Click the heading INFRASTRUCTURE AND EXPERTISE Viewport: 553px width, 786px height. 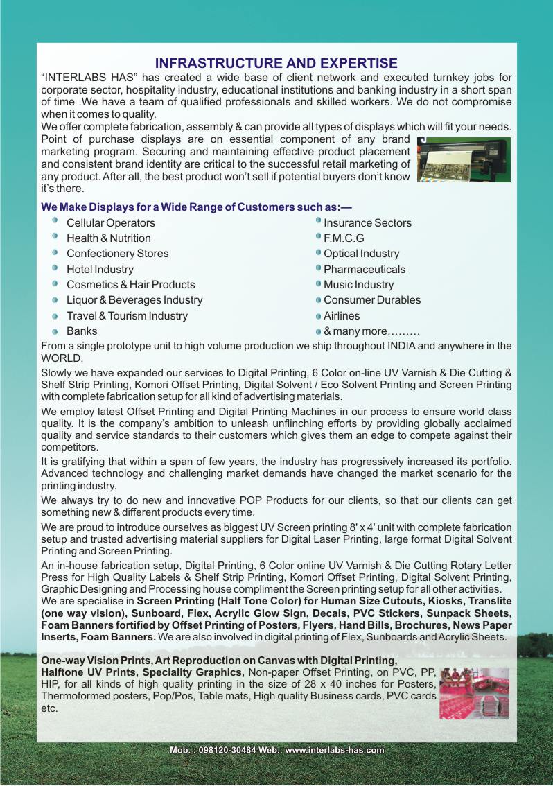(x=276, y=64)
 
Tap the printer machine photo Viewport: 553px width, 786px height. (x=464, y=159)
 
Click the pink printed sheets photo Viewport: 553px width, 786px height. (x=474, y=693)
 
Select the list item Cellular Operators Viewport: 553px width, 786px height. (x=110, y=223)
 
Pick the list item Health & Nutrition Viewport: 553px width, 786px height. (x=108, y=238)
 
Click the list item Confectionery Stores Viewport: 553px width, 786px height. (x=117, y=254)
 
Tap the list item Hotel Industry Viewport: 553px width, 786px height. (x=100, y=270)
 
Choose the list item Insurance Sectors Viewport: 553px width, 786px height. (x=367, y=223)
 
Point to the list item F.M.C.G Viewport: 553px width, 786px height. (x=344, y=238)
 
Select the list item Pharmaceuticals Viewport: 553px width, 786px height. (x=365, y=270)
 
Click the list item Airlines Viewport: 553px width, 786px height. (x=342, y=316)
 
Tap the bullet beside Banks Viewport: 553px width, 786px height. (x=55, y=332)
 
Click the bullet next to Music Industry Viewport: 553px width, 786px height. (x=318, y=284)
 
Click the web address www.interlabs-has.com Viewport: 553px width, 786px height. (x=335, y=750)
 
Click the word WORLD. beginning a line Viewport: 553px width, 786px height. (x=62, y=358)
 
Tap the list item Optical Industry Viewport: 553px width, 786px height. (x=361, y=254)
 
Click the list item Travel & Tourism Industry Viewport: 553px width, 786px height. (x=127, y=316)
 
